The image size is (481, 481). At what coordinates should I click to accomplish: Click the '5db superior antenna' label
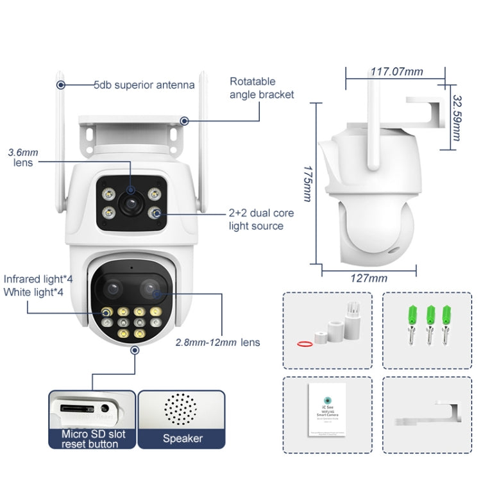pyautogui.click(x=144, y=85)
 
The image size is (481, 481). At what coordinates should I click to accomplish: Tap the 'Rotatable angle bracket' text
pyautogui.click(x=262, y=88)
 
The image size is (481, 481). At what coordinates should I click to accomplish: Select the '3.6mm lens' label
pyautogui.click(x=23, y=158)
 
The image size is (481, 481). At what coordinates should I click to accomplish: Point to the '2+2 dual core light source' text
pyautogui.click(x=256, y=219)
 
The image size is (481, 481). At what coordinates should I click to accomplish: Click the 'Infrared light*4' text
pyautogui.click(x=36, y=279)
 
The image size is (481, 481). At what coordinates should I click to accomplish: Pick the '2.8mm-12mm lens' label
pyautogui.click(x=217, y=342)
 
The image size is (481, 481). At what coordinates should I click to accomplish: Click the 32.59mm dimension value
pyautogui.click(x=457, y=119)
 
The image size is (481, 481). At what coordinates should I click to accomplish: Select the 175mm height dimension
pyautogui.click(x=306, y=181)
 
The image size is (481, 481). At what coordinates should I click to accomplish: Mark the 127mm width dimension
pyautogui.click(x=369, y=278)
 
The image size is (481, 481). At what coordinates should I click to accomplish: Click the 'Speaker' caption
pyautogui.click(x=182, y=439)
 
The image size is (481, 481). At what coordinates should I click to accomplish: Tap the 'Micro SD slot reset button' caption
pyautogui.click(x=91, y=439)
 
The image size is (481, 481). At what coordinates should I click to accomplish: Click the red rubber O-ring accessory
pyautogui.click(x=306, y=344)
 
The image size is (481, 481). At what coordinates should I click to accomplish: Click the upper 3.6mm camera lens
pyautogui.click(x=130, y=204)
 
